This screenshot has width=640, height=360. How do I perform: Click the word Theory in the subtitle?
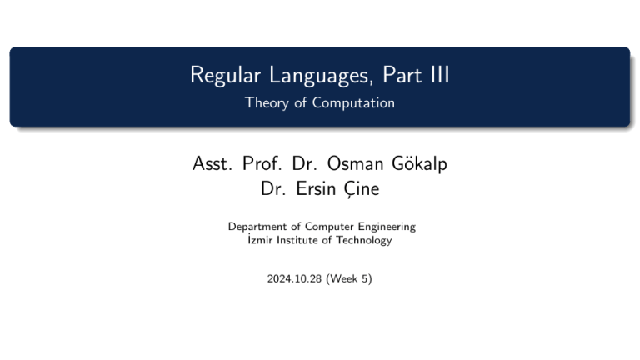pos(264,103)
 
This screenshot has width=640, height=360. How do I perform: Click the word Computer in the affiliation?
pos(327,227)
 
